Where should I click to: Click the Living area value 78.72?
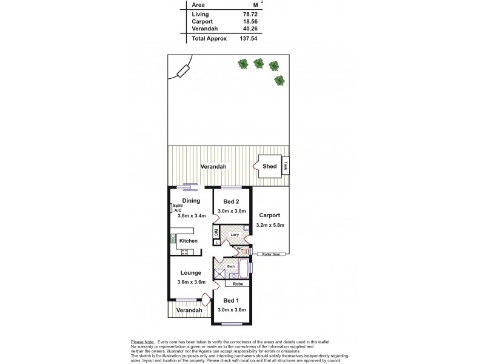coord(259,14)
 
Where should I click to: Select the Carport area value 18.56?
coord(259,21)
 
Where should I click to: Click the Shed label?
coord(270,166)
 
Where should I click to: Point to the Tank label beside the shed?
coord(285,165)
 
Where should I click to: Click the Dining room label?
coord(191,201)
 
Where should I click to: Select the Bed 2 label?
coord(231,201)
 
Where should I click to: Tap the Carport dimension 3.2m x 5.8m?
coord(270,225)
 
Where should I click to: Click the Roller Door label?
coord(270,254)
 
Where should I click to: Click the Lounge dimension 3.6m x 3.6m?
coord(191,282)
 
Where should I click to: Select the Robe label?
coord(238,283)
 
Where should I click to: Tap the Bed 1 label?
coord(231,301)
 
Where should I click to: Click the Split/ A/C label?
coord(178,208)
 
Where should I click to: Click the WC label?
coord(240,249)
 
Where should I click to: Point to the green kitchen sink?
coord(173,238)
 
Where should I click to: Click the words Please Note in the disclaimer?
coord(142,342)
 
